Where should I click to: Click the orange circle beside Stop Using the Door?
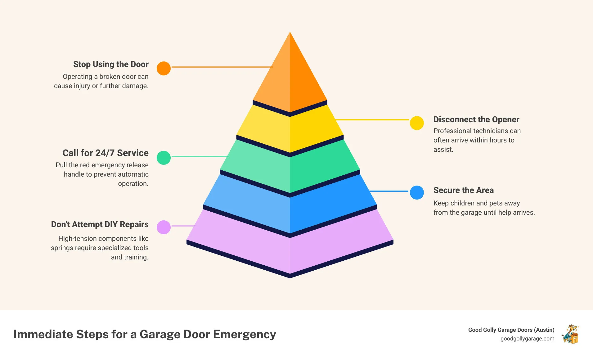164,68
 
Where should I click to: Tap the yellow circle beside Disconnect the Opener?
417,123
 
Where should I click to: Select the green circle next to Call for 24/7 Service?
164,158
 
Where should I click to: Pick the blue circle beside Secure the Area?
417,192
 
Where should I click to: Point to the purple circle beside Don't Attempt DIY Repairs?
164,227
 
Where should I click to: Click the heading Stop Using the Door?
111,64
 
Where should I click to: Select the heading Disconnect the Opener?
476,119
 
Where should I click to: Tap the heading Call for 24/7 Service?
106,153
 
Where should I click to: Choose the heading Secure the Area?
463,190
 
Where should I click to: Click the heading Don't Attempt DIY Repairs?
100,224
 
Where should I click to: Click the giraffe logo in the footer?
570,334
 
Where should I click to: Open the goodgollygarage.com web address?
527,339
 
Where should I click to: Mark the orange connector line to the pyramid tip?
222,67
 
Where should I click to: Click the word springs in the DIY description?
62,248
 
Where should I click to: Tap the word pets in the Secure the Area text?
497,203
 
